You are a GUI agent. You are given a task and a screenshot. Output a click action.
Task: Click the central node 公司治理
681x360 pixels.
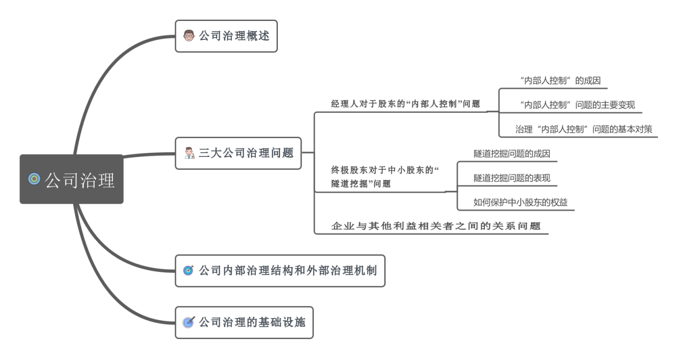coord(71,179)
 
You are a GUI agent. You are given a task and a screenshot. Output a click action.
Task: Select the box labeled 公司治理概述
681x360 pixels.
coord(226,37)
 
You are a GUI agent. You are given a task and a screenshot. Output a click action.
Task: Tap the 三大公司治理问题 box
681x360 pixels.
coord(238,153)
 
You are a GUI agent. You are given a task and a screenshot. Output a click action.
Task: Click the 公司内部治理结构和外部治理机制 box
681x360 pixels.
coord(280,271)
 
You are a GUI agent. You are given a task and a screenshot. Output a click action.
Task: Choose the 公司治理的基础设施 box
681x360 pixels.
coord(244,322)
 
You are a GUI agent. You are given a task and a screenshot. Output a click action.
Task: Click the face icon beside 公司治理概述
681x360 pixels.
coord(188,37)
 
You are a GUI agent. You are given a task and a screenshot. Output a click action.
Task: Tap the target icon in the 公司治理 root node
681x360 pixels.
coord(34,179)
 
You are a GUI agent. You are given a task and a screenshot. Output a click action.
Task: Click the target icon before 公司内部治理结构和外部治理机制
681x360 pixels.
coord(188,271)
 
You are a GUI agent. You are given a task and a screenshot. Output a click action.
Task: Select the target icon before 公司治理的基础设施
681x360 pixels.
coord(188,322)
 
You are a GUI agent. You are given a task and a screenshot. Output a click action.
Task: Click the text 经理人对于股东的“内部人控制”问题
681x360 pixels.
coord(405,103)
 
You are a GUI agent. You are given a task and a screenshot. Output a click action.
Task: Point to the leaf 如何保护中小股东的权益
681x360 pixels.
coord(520,202)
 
